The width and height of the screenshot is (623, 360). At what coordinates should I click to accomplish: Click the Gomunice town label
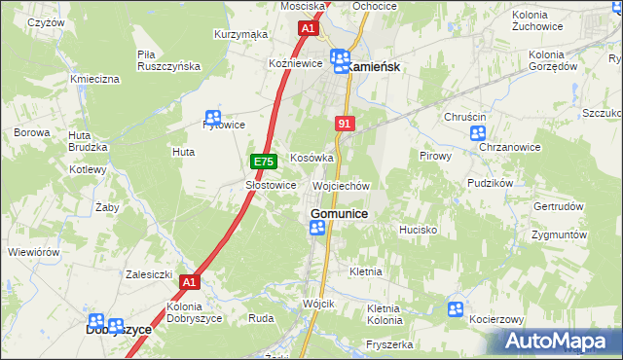338,213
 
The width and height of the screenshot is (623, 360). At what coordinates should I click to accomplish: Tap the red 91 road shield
345,124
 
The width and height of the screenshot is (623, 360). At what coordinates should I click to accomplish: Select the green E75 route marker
261,162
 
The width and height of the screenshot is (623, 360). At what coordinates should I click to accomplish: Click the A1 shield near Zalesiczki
190,282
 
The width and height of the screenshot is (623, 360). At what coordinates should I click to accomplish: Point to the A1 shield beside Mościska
308,29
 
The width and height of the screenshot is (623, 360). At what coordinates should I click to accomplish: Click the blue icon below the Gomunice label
317,228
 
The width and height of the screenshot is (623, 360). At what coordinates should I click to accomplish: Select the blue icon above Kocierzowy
455,308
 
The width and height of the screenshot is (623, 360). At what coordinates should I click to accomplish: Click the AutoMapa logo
556,342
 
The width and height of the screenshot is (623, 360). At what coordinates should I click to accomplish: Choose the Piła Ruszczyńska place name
168,60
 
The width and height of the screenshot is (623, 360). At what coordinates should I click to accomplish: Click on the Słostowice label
270,185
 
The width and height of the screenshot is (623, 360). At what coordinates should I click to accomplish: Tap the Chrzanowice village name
510,147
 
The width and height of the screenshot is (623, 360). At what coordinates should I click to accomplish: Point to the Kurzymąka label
240,35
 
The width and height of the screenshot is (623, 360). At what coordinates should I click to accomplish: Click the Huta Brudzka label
87,140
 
